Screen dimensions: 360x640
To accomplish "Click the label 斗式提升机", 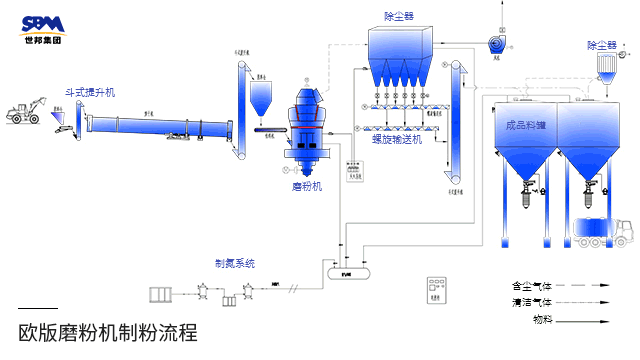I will coord(91,92).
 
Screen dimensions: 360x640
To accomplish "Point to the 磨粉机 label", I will coord(307,186).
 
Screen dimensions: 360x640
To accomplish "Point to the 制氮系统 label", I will coord(235,263).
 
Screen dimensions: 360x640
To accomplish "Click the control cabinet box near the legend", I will coord(435,287).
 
